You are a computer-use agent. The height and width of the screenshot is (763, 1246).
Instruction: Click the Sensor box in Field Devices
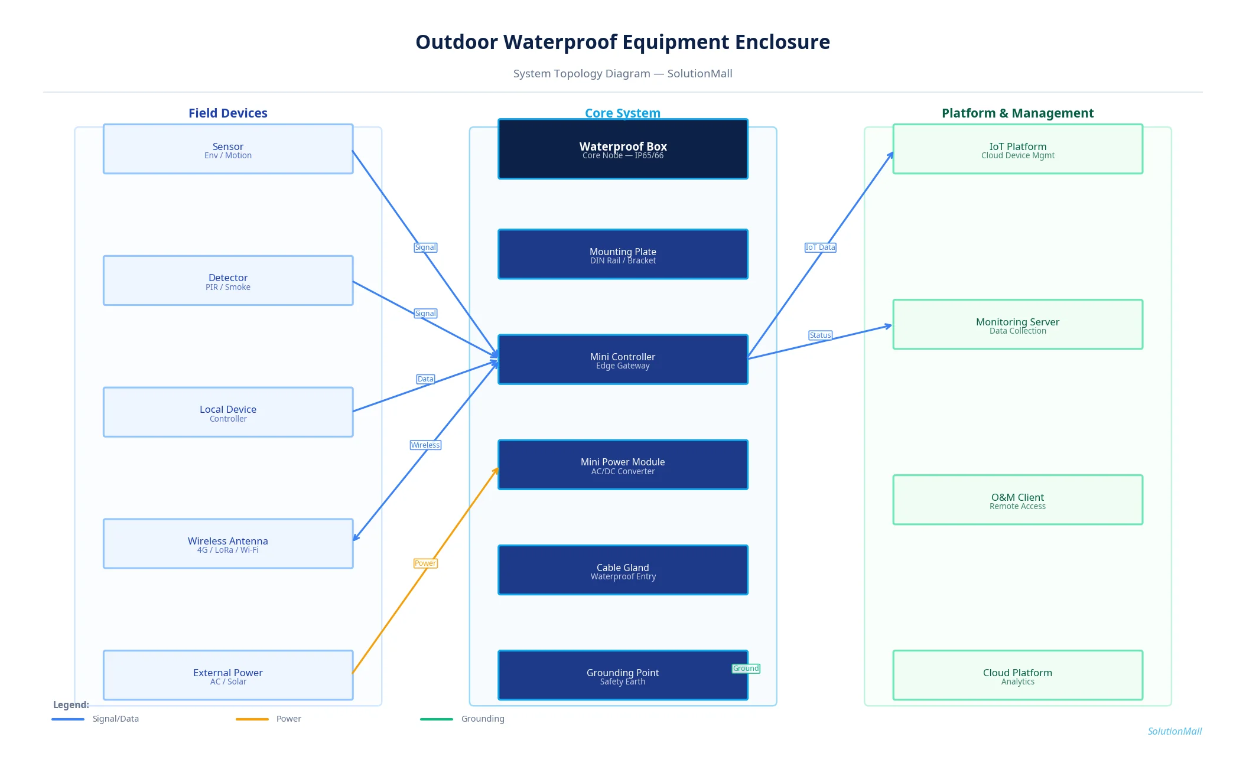pyautogui.click(x=227, y=149)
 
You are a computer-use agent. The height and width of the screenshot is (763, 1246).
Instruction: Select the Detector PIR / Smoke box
pyautogui.click(x=227, y=281)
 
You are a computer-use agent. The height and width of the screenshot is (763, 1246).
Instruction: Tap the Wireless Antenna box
pyautogui.click(x=227, y=544)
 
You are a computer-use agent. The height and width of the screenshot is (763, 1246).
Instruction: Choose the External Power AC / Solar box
pyautogui.click(x=227, y=676)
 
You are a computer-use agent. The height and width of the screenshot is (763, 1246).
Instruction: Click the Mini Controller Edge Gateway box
pyautogui.click(x=623, y=360)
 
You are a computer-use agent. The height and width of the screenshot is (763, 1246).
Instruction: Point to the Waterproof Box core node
pyautogui.click(x=623, y=149)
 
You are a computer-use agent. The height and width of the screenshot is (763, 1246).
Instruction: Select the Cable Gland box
pyautogui.click(x=623, y=570)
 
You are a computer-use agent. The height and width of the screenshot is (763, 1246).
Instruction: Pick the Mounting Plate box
pyautogui.click(x=623, y=255)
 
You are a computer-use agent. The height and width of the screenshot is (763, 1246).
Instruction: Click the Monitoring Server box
pyautogui.click(x=1017, y=325)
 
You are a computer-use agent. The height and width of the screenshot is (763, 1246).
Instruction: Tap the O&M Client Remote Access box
pyautogui.click(x=1017, y=500)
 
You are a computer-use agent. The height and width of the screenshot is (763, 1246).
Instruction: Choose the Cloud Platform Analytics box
pyautogui.click(x=1017, y=676)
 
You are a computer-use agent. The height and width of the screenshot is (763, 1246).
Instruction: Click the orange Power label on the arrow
pyautogui.click(x=425, y=563)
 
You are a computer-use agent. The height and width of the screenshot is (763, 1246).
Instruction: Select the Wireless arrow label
pyautogui.click(x=425, y=445)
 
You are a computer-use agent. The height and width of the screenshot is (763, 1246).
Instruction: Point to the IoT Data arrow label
pyautogui.click(x=820, y=247)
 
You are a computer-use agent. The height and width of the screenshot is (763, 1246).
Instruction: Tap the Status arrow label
pyautogui.click(x=820, y=335)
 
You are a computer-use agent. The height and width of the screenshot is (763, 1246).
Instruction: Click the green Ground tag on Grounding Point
pyautogui.click(x=746, y=669)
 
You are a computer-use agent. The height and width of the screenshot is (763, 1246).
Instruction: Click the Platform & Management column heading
pyautogui.click(x=1017, y=113)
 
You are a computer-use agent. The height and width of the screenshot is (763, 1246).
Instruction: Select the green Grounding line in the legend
pyautogui.click(x=437, y=719)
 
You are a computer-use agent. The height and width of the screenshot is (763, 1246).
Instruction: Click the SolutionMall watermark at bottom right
pyautogui.click(x=1174, y=731)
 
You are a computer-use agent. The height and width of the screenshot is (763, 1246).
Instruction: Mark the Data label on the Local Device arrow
pyautogui.click(x=425, y=379)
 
